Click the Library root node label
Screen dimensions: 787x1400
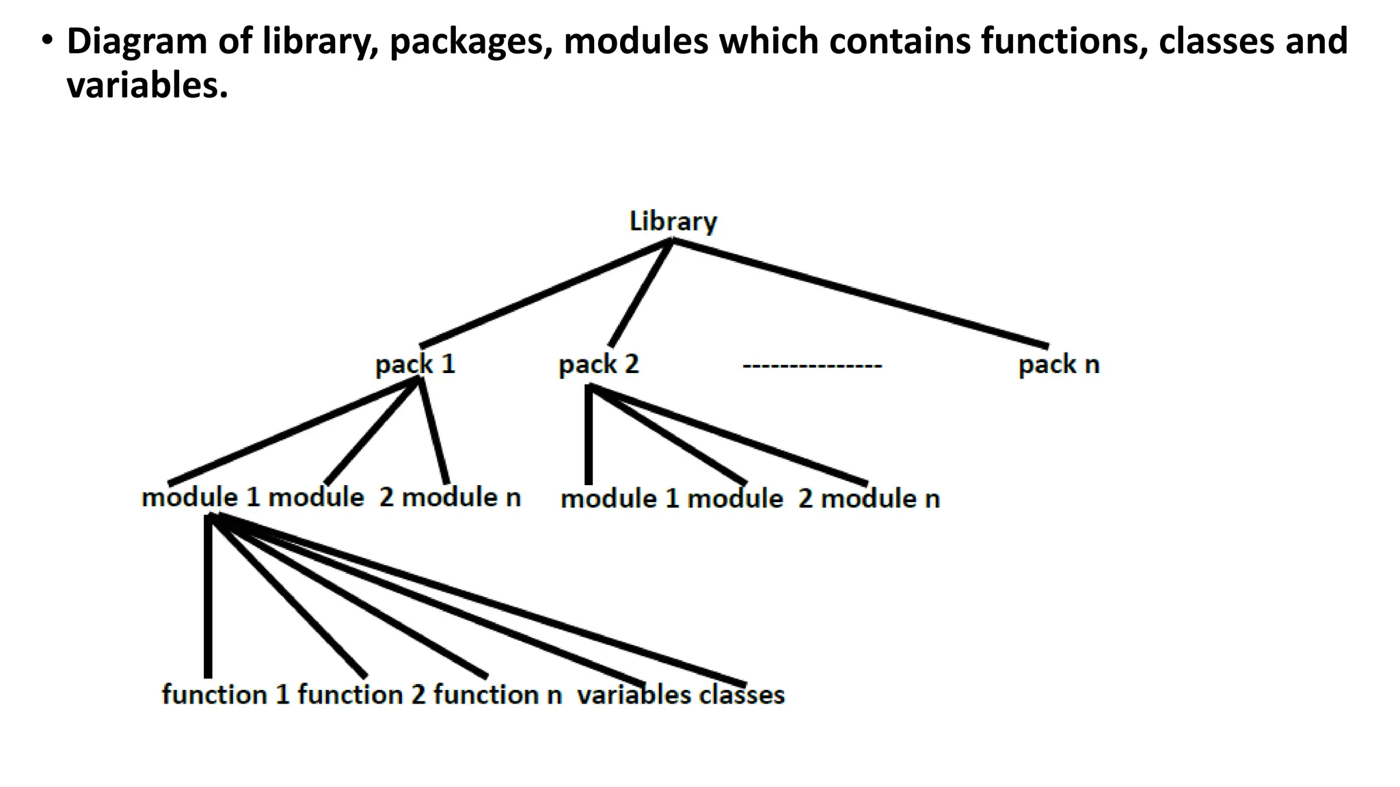point(673,222)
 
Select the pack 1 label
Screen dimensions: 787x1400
point(415,364)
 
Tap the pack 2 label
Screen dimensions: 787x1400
point(598,364)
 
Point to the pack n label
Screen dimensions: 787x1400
point(1058,364)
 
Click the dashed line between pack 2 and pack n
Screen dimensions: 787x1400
point(812,366)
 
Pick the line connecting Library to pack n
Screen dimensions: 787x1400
point(860,292)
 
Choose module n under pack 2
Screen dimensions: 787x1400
point(879,499)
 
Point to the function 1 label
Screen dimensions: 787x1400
point(226,695)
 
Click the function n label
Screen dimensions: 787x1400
point(498,695)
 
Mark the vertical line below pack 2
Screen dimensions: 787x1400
point(589,437)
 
